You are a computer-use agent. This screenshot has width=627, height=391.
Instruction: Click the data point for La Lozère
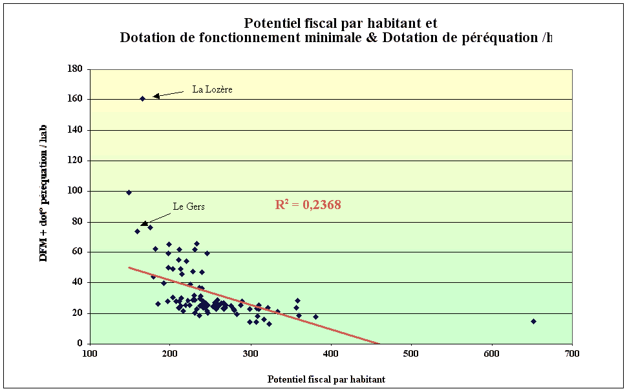[x=142, y=99]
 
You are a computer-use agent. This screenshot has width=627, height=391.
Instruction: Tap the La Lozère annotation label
[x=212, y=89]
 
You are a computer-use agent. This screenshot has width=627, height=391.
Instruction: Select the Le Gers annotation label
[x=189, y=207]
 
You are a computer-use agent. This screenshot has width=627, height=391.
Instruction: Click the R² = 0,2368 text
[x=308, y=205]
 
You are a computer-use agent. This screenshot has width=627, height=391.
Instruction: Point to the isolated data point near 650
[x=533, y=321]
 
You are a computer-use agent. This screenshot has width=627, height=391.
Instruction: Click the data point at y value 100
[x=129, y=192]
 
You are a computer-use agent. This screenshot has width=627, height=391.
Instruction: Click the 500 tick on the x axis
[x=411, y=354]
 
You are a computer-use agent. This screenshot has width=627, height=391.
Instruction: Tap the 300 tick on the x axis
[x=250, y=354]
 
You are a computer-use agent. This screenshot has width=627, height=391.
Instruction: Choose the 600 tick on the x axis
[x=491, y=354]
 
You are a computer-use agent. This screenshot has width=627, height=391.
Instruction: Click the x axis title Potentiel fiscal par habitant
[x=326, y=379]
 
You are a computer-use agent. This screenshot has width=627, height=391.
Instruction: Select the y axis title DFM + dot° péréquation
[x=44, y=194]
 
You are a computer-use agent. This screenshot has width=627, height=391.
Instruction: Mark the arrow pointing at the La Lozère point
[x=169, y=95]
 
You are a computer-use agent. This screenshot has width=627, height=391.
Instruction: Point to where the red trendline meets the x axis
[x=380, y=343]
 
